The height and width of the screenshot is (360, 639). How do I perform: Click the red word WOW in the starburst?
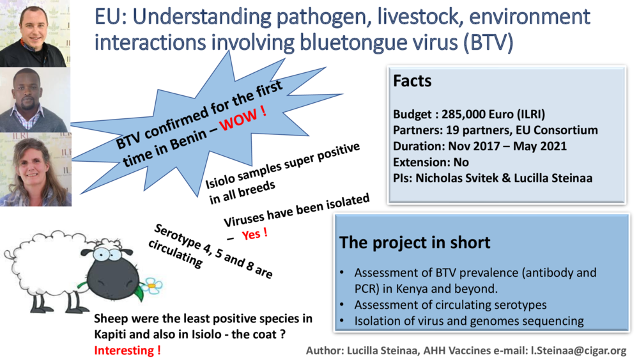click(x=243, y=120)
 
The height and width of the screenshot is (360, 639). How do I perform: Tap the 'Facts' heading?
click(x=412, y=81)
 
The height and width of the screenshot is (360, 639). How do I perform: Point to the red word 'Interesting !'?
click(x=127, y=350)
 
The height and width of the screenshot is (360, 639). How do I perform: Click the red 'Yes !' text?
click(x=254, y=234)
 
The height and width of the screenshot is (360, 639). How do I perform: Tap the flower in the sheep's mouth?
click(x=153, y=285)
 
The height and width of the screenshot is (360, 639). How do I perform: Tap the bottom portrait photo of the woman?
click(x=35, y=169)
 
